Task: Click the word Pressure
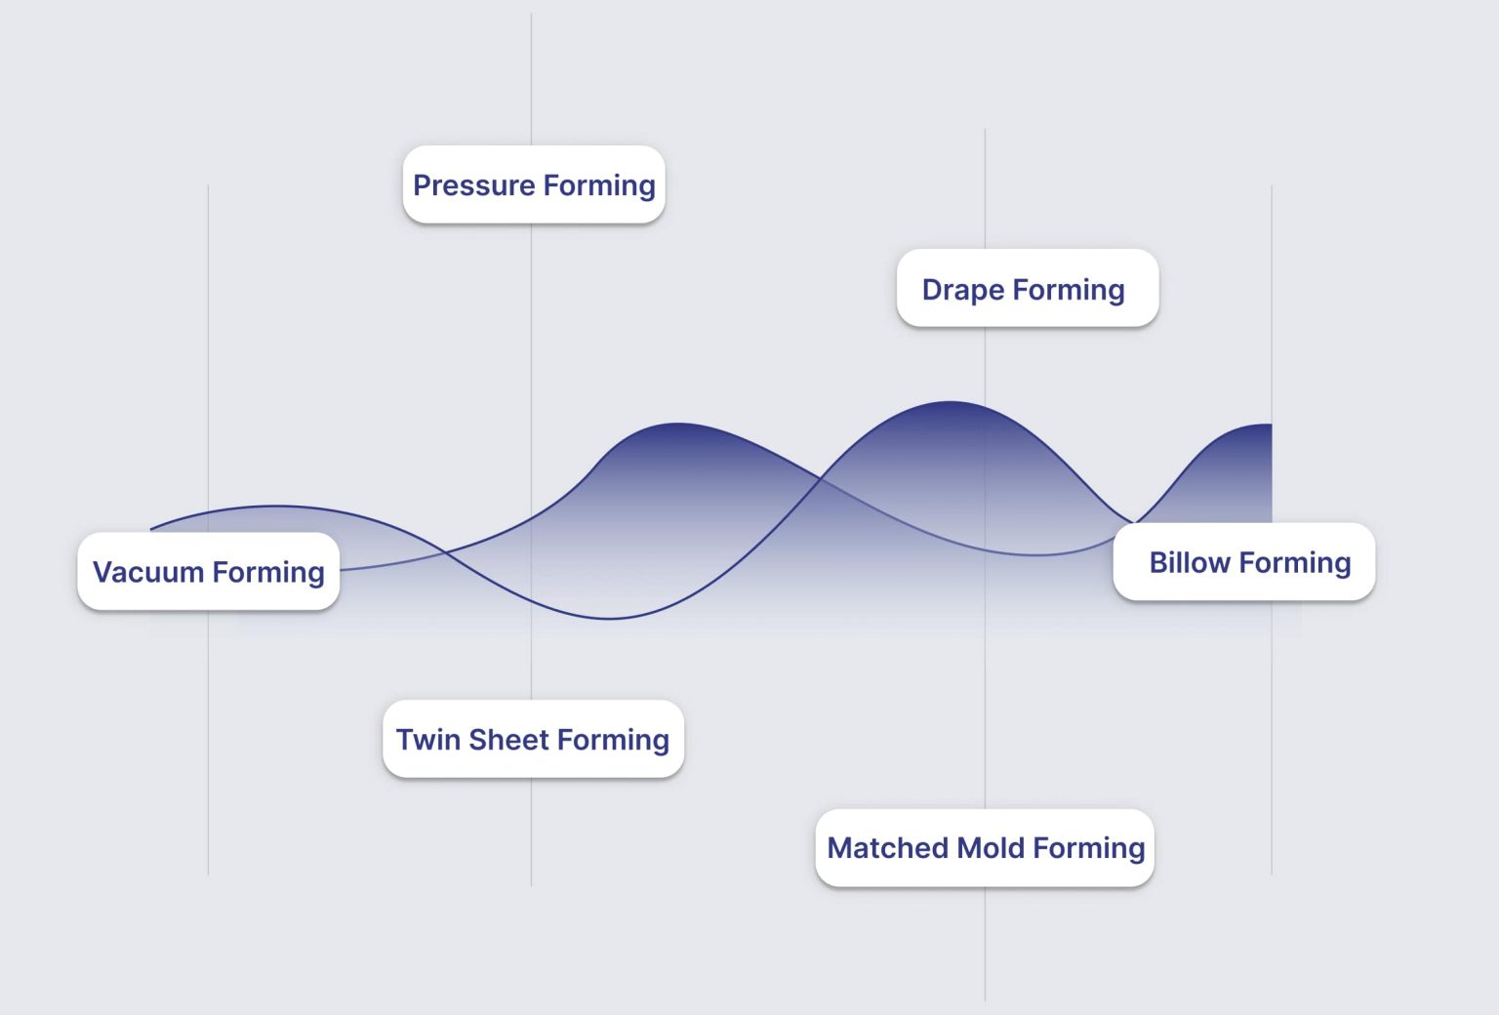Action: [474, 185]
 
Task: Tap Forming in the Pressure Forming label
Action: [599, 185]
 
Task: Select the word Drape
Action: [963, 290]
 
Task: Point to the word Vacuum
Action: [148, 572]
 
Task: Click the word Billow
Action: [1190, 563]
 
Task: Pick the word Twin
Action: [428, 740]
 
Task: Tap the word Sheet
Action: [508, 740]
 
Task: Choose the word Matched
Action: [888, 848]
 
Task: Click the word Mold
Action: [991, 848]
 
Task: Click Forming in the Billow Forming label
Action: [1295, 563]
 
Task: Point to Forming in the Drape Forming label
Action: [1069, 290]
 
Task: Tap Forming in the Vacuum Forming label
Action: [268, 572]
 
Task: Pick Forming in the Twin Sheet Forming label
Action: [614, 740]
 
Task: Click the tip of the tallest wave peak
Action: [951, 402]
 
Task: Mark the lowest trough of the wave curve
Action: [608, 619]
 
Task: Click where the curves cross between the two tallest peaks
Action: [820, 478]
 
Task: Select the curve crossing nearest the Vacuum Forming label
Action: [447, 553]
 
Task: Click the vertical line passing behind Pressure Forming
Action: [531, 78]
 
